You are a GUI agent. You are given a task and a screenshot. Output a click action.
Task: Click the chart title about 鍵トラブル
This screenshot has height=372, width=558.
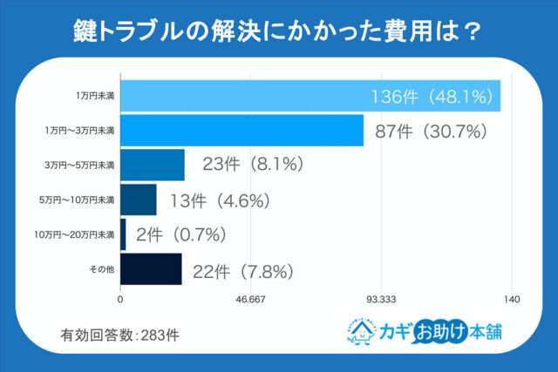tap(278, 31)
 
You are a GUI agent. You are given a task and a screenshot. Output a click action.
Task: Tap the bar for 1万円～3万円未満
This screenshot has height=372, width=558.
tap(241, 130)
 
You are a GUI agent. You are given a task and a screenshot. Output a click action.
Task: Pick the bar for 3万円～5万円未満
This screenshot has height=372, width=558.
tap(152, 165)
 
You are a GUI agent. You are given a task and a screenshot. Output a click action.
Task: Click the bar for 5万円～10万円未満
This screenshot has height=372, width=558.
tap(138, 200)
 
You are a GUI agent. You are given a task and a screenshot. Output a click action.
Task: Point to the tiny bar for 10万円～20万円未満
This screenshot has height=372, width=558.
tap(123, 234)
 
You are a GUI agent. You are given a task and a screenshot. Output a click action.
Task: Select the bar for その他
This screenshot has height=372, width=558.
tap(150, 269)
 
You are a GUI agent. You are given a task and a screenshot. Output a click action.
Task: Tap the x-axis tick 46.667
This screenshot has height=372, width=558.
tap(250, 300)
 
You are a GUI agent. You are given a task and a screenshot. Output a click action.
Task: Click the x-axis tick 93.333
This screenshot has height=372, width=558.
tap(381, 300)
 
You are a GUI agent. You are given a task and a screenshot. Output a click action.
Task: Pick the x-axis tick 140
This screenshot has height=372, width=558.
tap(512, 300)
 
